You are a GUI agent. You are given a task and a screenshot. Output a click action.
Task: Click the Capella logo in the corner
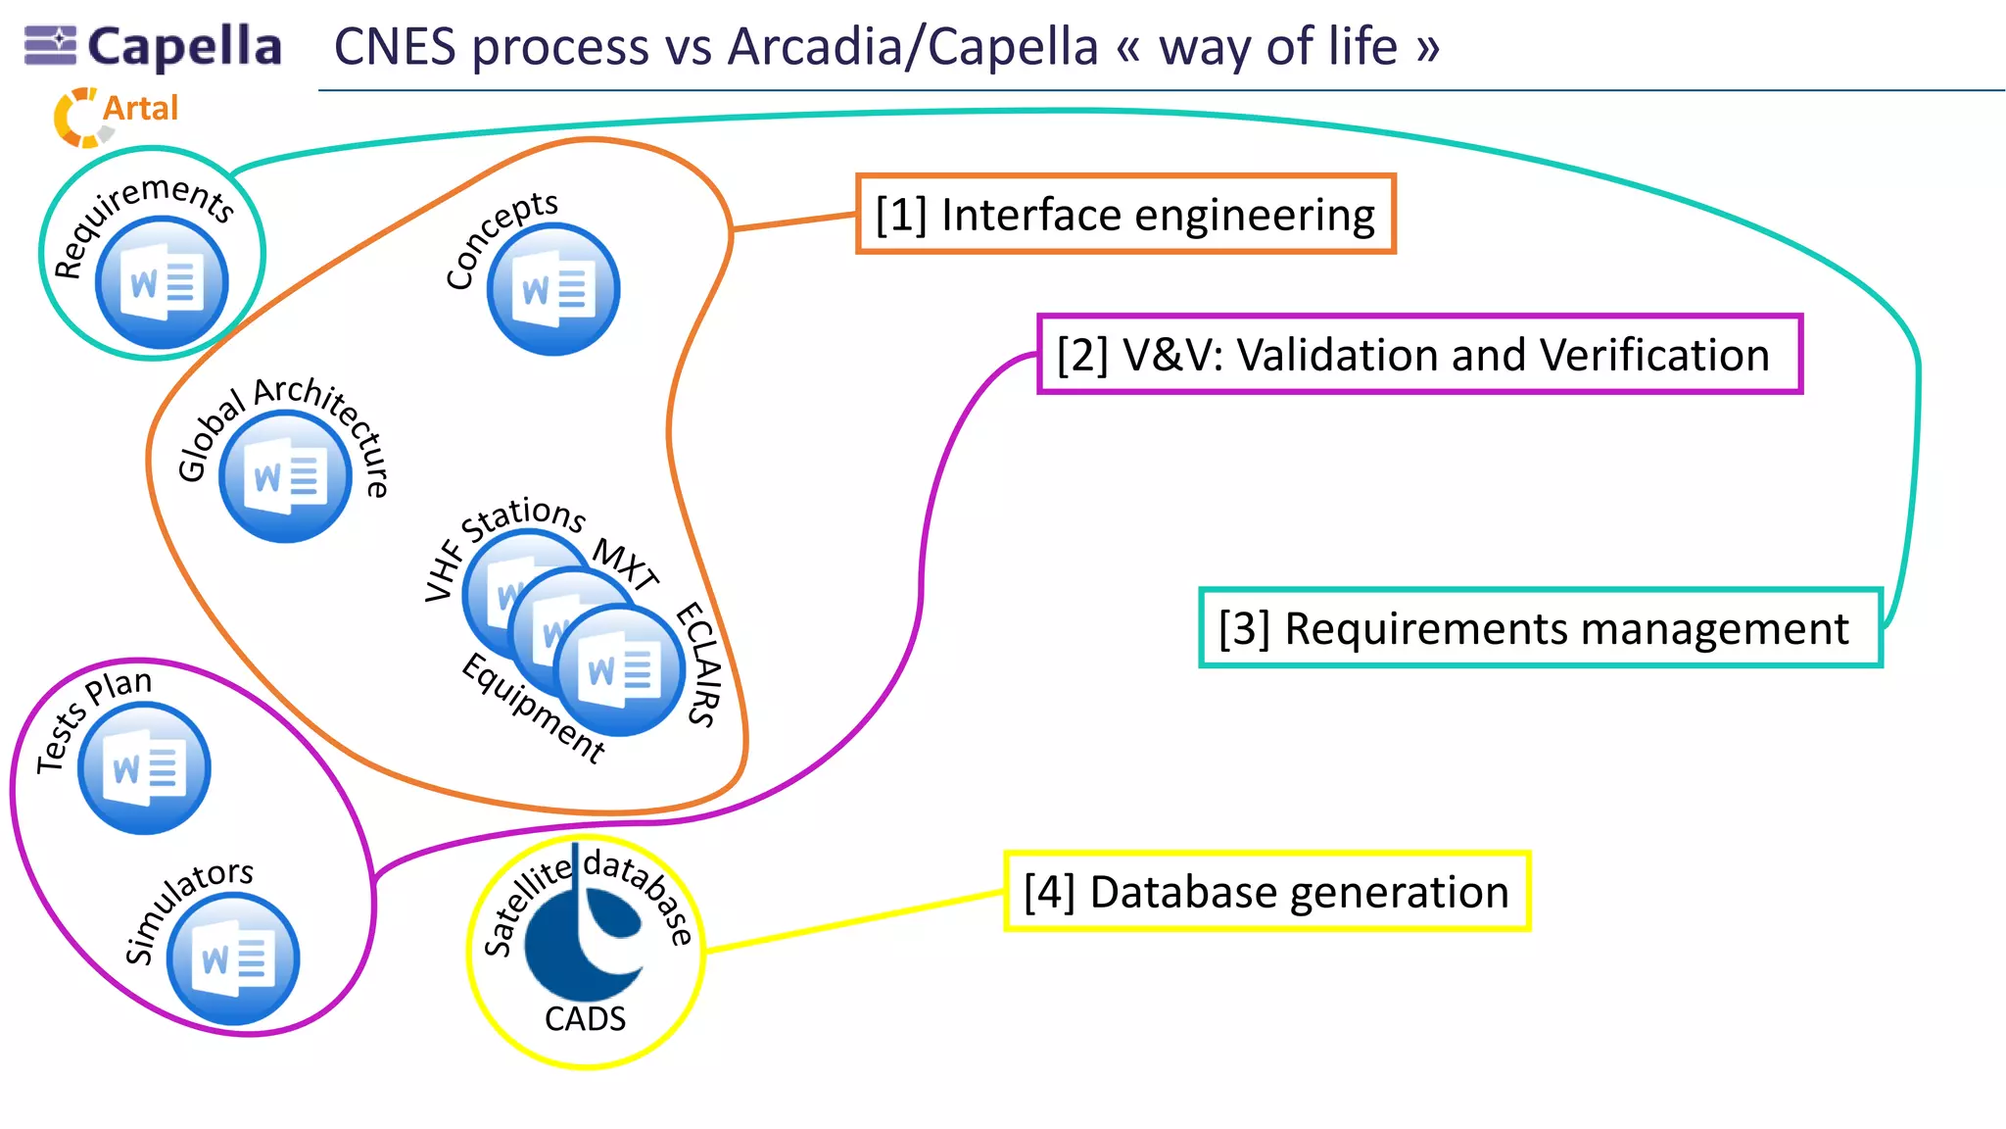coord(153,46)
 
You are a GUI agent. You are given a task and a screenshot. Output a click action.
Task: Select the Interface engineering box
coord(1124,215)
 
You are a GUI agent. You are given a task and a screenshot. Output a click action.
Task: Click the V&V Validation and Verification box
coord(1418,355)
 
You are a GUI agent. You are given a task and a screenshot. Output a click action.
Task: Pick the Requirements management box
coord(1539,628)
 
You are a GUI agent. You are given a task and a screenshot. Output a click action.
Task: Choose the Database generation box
coord(1266,891)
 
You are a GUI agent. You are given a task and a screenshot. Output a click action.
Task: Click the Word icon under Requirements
coord(162,284)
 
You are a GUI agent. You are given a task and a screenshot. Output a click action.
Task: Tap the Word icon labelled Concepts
coord(553,290)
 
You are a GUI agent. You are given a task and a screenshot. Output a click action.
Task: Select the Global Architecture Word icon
coord(285,477)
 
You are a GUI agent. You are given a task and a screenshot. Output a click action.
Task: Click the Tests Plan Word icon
coord(144,768)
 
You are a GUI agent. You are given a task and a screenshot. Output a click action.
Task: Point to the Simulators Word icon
coord(233,958)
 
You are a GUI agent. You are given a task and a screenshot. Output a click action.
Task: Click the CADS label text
coord(585,1019)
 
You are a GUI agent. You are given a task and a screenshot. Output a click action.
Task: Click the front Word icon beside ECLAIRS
coord(619,670)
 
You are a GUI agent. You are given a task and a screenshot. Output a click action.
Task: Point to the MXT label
coord(626,564)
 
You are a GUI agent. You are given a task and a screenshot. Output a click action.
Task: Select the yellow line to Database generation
coord(852,921)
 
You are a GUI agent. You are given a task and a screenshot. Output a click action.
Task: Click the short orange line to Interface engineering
coord(793,221)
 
